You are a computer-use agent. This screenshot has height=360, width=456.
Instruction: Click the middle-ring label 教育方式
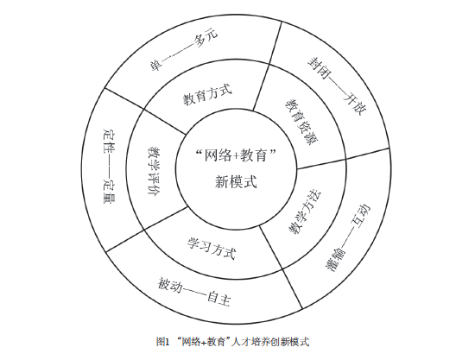(x=207, y=94)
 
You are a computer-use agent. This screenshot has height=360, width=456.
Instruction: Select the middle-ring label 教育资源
(x=303, y=122)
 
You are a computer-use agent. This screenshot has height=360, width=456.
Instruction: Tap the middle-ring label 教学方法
(x=305, y=213)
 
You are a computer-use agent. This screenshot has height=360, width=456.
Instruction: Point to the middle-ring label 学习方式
(x=212, y=248)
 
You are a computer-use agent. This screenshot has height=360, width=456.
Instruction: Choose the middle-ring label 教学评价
(x=155, y=171)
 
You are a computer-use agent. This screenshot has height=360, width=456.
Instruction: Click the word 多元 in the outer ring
(x=206, y=38)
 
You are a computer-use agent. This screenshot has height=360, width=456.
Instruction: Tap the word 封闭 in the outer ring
(x=319, y=68)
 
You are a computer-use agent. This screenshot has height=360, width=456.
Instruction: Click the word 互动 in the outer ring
(x=361, y=216)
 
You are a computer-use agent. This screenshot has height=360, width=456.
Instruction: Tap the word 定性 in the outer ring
(x=109, y=138)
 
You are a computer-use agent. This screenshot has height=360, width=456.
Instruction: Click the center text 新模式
(x=236, y=182)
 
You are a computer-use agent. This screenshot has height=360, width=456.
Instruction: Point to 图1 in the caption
(x=162, y=342)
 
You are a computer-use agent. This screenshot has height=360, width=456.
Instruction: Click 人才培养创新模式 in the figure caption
(x=270, y=342)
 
